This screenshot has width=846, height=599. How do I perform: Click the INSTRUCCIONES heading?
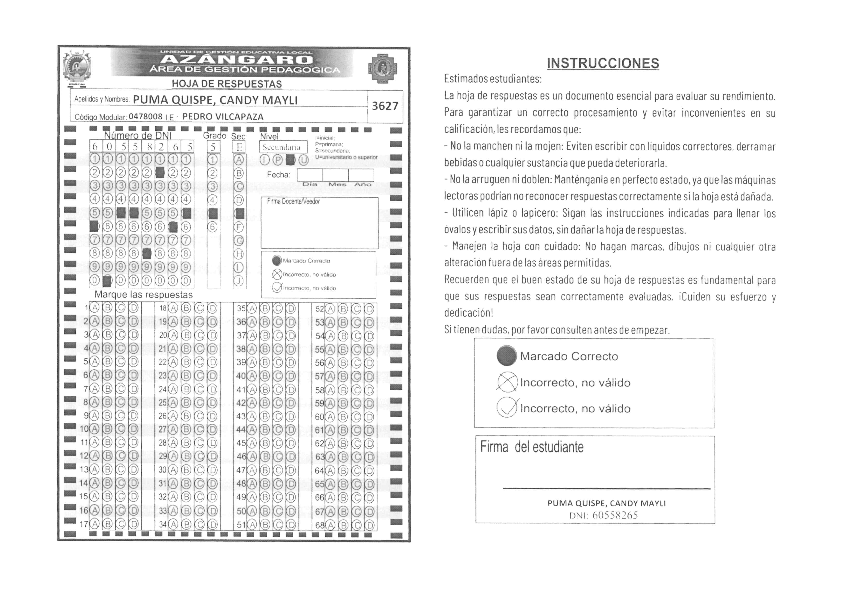tap(603, 64)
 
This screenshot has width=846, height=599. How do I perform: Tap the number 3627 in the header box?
tap(385, 106)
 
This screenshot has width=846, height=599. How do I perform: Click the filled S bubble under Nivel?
tap(290, 160)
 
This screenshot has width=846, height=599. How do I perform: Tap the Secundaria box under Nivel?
tap(283, 147)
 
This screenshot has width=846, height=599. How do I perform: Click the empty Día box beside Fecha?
tap(310, 175)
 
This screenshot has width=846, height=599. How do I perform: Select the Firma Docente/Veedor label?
tap(293, 201)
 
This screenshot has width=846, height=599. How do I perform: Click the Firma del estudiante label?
tap(532, 447)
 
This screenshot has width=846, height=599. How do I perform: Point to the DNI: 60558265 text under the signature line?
tap(604, 515)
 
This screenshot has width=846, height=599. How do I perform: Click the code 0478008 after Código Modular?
tap(145, 117)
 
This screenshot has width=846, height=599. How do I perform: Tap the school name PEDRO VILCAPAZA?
tap(223, 117)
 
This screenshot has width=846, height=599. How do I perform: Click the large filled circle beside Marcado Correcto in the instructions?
tap(507, 356)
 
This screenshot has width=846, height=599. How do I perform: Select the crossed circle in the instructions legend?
tap(507, 382)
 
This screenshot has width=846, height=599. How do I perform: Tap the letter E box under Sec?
tap(239, 147)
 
